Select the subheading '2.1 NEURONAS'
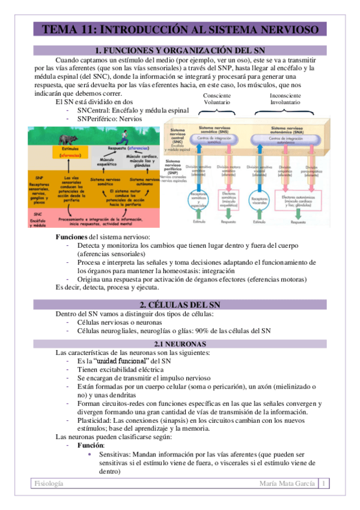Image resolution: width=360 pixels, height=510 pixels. [180, 343]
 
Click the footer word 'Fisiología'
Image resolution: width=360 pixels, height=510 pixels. [49, 484]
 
